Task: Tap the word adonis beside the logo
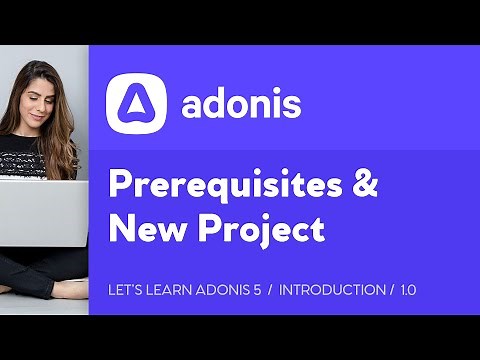[241, 105]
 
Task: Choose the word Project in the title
[259, 231]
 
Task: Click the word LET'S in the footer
[122, 290]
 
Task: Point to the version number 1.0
[408, 290]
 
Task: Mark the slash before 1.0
[391, 290]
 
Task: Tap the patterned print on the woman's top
[30, 160]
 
